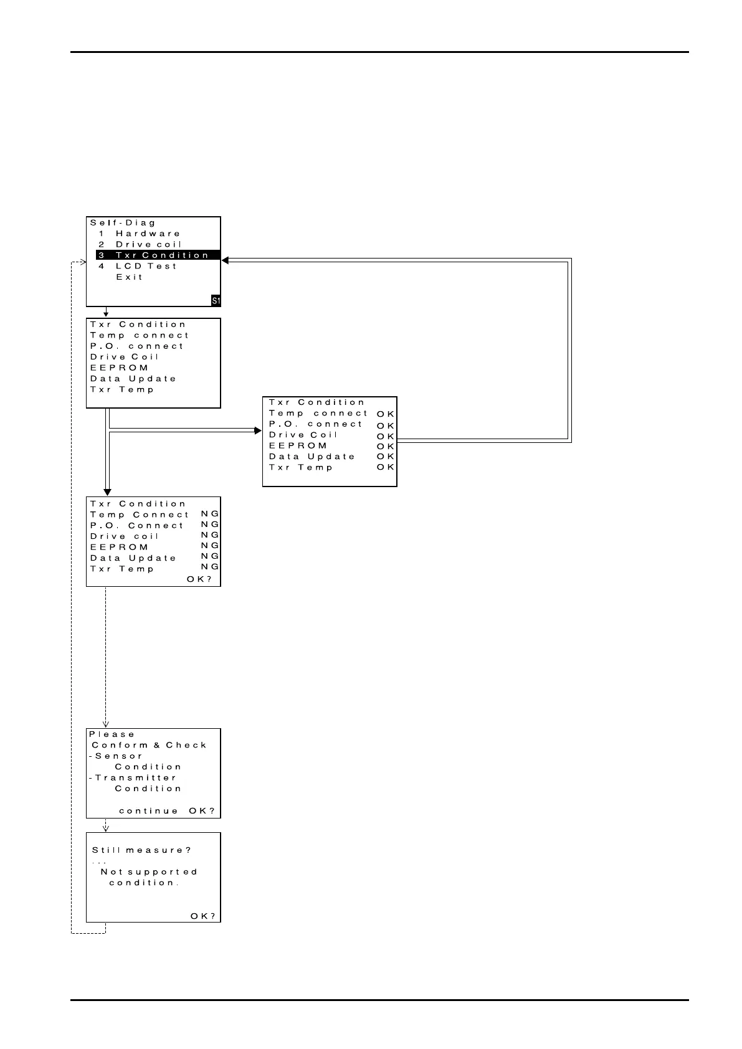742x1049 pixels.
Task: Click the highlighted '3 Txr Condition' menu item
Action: pos(158,255)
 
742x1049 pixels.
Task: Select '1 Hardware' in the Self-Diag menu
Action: pos(140,234)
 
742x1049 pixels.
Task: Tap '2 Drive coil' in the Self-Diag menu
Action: pos(140,244)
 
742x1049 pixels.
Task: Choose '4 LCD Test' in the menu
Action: pos(138,266)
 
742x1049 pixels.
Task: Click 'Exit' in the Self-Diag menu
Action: pos(130,277)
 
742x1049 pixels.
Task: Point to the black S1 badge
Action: pos(216,301)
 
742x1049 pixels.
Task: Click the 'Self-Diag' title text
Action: pos(123,222)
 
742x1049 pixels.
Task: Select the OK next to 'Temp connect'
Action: pos(386,414)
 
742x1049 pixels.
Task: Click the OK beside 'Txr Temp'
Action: pos(386,467)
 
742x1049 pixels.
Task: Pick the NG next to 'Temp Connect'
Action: pos(210,514)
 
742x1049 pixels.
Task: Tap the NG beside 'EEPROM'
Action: pos(210,546)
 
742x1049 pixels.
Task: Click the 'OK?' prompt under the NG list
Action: pos(199,579)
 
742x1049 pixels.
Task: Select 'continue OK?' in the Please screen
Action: pos(167,811)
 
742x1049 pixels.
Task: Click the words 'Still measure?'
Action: pos(141,850)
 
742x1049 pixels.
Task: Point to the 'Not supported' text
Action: pos(149,872)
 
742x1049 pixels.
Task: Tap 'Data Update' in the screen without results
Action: pos(133,379)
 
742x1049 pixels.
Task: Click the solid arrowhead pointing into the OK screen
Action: pos(258,430)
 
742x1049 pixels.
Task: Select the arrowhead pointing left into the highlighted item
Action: pos(226,260)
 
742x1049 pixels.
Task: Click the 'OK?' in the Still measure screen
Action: pos(203,916)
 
